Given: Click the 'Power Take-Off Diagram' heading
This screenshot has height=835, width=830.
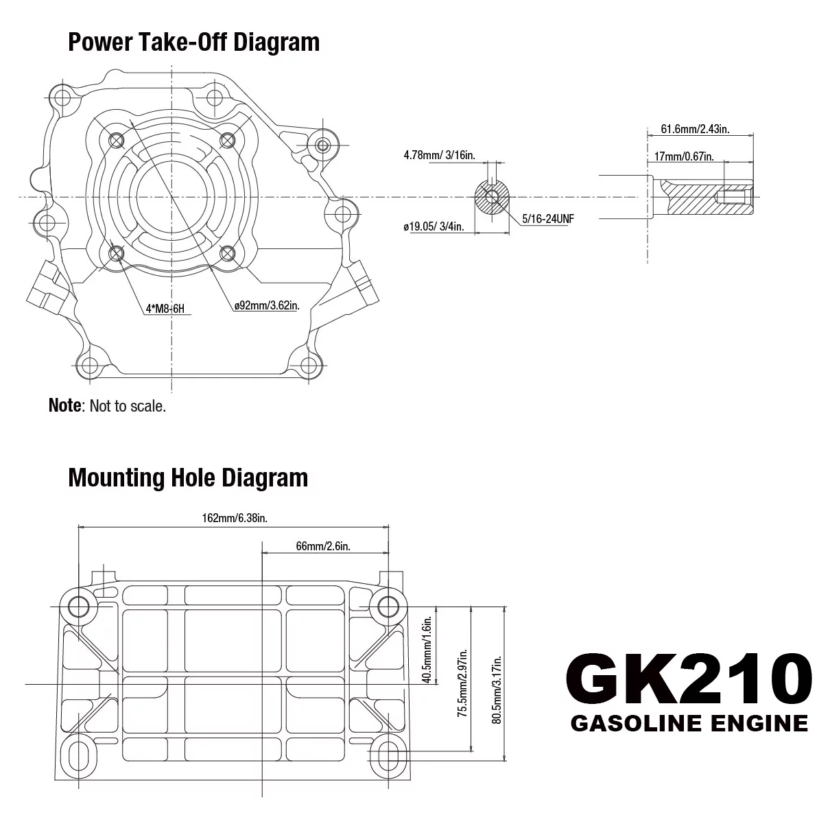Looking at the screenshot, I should [193, 42].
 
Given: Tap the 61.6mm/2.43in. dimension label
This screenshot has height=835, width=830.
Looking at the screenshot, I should [695, 128].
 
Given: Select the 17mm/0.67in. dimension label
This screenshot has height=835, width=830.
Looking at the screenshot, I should [684, 156].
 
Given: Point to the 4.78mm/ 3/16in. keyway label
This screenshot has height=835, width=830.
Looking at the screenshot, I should [439, 155].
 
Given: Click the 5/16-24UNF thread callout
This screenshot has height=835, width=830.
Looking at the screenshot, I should [547, 220].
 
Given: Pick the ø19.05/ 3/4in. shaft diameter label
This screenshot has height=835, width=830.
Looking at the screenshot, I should [434, 226].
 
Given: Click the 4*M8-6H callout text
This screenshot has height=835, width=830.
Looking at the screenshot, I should [165, 309].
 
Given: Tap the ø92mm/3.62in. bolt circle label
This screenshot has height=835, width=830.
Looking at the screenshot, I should [267, 305].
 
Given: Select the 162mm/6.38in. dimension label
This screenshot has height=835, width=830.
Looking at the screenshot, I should [234, 518].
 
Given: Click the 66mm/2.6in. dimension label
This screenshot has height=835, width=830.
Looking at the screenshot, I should [323, 545].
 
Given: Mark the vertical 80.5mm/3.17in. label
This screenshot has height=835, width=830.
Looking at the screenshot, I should [497, 689].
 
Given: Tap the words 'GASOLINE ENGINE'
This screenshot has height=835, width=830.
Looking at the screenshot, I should [689, 723].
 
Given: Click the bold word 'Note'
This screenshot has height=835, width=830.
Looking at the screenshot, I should [64, 405].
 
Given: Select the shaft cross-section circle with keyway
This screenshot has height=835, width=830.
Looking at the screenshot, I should [492, 198].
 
